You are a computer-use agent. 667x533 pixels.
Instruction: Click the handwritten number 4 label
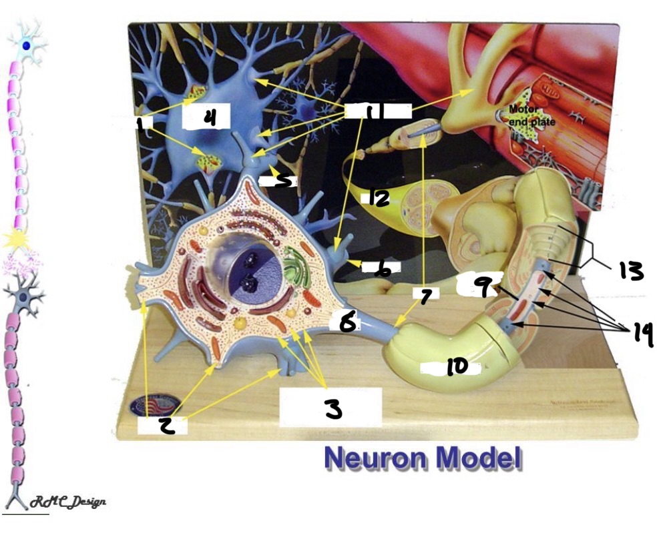pos(210,118)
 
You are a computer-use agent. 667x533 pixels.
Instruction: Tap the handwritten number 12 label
pos(378,197)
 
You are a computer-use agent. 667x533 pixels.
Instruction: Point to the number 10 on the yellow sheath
pos(457,366)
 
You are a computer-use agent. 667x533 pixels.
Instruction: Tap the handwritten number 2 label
pos(167,425)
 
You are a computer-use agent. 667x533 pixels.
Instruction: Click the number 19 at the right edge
pos(642,334)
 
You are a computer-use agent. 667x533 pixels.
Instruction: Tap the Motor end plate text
pos(531,115)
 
